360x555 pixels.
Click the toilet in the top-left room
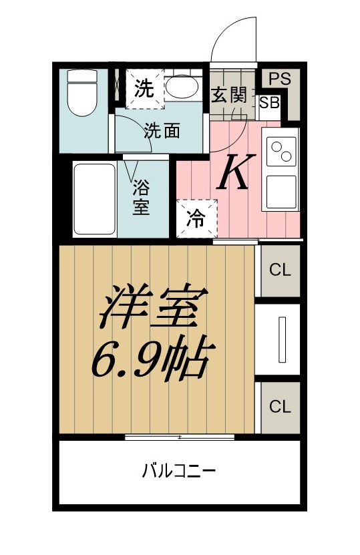pos(82,92)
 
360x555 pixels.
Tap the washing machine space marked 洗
pos(145,88)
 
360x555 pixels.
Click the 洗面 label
pos(162,132)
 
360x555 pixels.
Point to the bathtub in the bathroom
pos(95,199)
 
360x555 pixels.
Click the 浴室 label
pos(141,198)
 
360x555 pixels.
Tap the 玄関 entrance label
pos(229,95)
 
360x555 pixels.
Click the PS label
pos(280,79)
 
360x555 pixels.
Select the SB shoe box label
pos(270,103)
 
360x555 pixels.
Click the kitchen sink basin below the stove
pos(281,192)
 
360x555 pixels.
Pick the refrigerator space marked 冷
pos(196,219)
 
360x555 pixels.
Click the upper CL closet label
pos(280,270)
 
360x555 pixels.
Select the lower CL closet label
pos(280,407)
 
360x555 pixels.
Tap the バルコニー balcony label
pos(179,471)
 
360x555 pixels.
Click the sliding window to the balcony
pos(180,437)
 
